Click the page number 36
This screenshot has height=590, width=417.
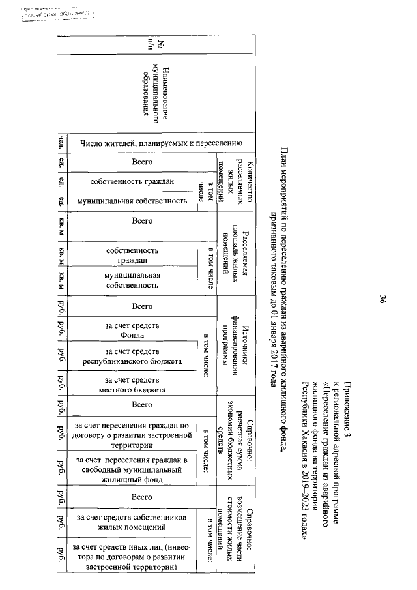(383, 301)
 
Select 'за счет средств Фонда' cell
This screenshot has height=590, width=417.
(132, 331)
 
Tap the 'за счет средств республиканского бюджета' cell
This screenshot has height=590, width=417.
(132, 357)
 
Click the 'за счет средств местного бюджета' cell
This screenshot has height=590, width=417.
(132, 385)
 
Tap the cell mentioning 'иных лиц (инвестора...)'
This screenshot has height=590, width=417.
(132, 557)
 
